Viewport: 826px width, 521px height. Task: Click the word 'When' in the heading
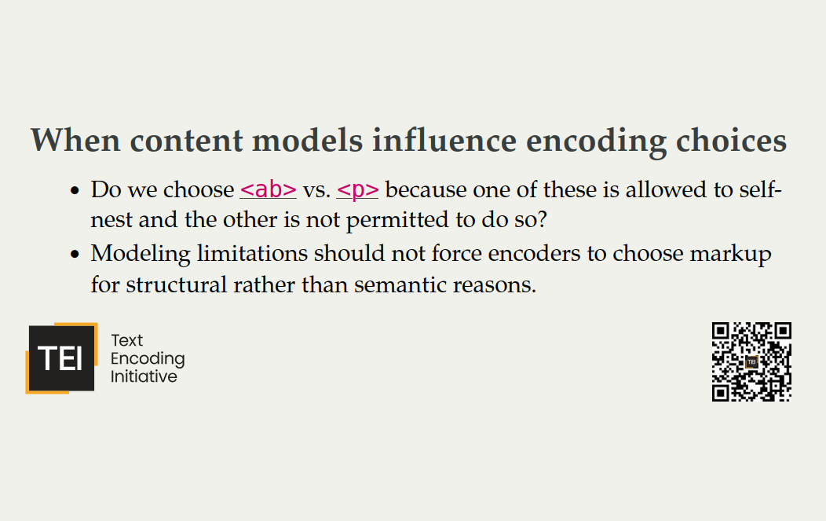[x=75, y=140]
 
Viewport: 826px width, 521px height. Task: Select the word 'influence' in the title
[x=444, y=140]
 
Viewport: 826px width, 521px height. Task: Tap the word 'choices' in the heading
[x=731, y=141]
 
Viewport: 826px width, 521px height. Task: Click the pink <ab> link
[x=268, y=190]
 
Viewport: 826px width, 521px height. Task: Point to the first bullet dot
[x=75, y=191]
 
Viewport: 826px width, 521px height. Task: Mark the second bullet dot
[x=75, y=254]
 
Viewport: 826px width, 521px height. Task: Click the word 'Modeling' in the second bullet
[x=141, y=255]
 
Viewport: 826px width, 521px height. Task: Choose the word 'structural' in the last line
[x=177, y=285]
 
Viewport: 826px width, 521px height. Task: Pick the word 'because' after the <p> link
[x=426, y=190]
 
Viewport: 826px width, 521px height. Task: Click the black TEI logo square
[x=61, y=358]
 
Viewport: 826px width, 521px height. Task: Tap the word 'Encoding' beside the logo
[x=148, y=359]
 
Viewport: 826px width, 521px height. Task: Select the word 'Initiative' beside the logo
[x=144, y=376]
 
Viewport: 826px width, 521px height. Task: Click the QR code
[x=751, y=361]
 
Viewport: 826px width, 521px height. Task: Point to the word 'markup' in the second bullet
[x=731, y=255]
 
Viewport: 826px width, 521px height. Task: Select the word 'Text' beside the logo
[x=127, y=340]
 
